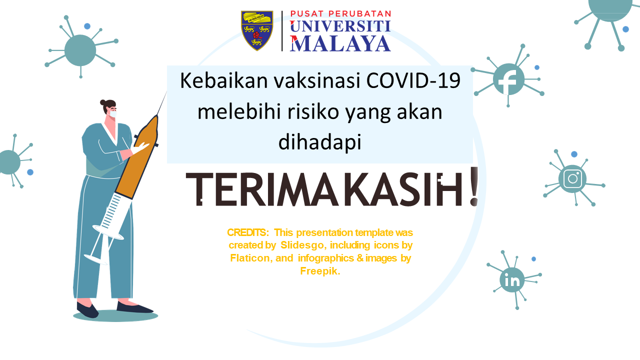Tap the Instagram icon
(572, 179)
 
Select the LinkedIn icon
(512, 280)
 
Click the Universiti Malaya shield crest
(257, 30)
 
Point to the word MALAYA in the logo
(340, 43)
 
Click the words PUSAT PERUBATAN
(340, 13)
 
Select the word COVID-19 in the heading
(413, 80)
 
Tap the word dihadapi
(320, 142)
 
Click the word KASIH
(403, 189)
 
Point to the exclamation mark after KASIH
(474, 186)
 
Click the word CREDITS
(247, 232)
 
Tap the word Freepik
(320, 271)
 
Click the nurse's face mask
(113, 113)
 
